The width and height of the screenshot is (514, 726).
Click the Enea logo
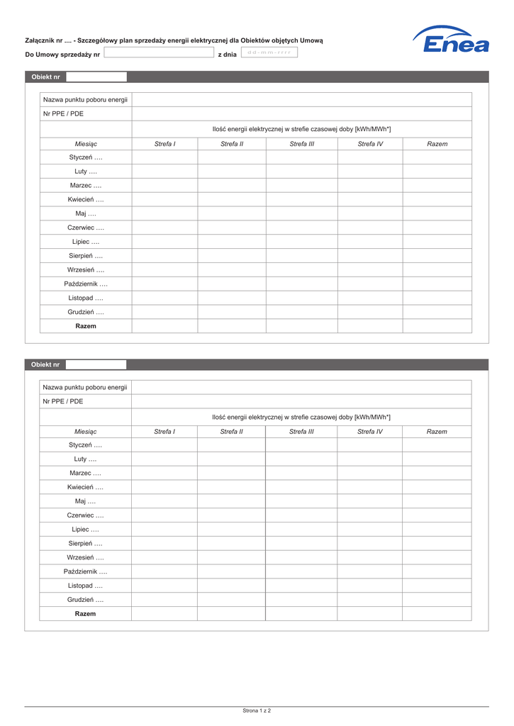pyautogui.click(x=452, y=40)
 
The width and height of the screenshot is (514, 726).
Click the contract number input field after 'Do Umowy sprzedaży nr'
pyautogui.click(x=159, y=52)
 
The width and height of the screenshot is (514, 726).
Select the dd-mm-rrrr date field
pyautogui.click(x=269, y=52)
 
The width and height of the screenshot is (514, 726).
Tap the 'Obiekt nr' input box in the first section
pyautogui.click(x=96, y=77)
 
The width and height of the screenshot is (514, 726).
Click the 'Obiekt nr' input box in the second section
pyautogui.click(x=96, y=364)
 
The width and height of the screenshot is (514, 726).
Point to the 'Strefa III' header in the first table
pyautogui.click(x=301, y=144)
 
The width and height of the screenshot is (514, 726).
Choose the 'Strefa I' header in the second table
pyautogui.click(x=164, y=432)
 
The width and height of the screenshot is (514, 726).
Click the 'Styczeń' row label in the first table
pyautogui.click(x=86, y=157)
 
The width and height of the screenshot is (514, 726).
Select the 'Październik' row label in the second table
pyautogui.click(x=85, y=571)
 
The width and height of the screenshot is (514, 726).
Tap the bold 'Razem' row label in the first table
pyautogui.click(x=86, y=326)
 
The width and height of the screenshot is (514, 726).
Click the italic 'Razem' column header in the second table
pyautogui.click(x=437, y=432)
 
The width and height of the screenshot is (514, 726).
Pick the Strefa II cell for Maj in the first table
pyautogui.click(x=231, y=213)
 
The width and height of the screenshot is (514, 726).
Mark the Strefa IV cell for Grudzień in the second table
pyautogui.click(x=370, y=600)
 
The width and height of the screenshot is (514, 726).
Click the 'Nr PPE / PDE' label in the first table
pyautogui.click(x=63, y=113)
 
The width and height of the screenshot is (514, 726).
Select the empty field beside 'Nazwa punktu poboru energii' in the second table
pyautogui.click(x=301, y=387)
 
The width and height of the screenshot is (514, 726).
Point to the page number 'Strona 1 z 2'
pyautogui.click(x=257, y=710)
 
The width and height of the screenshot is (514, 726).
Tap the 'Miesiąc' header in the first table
pyautogui.click(x=86, y=144)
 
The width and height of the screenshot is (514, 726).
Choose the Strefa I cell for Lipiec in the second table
pyautogui.click(x=164, y=530)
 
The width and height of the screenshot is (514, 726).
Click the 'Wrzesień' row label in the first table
pyautogui.click(x=86, y=269)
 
